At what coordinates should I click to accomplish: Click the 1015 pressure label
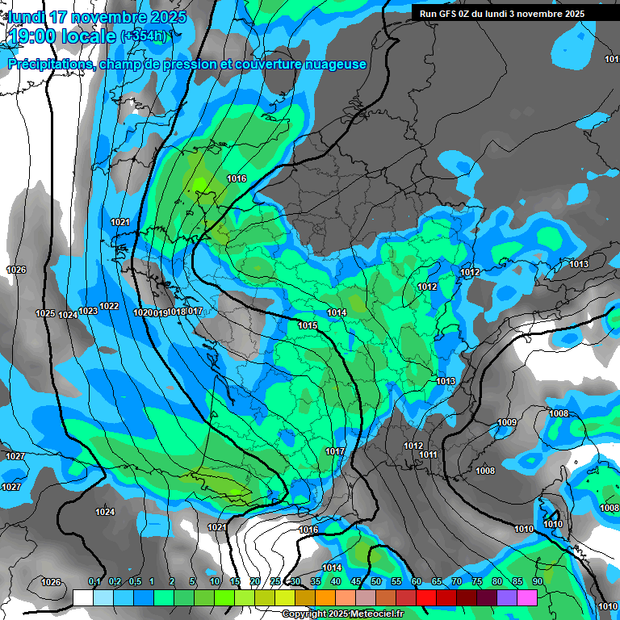coord(307,325)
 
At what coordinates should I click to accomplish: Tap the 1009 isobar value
coord(507,423)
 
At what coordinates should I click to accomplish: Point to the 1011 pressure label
coord(428,455)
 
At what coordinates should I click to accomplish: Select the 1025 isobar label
coord(45,313)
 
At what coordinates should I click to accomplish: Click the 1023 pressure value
coord(88,311)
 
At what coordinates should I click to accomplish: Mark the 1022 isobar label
coord(109,306)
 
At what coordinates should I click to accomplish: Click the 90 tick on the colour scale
coord(537,581)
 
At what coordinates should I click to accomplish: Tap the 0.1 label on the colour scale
coord(94,581)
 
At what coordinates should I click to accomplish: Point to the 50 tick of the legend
coord(376,581)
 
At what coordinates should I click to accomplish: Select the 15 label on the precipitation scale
coord(235,581)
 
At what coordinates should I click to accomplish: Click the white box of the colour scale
coord(82,597)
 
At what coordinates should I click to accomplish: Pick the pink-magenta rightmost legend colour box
coord(527,597)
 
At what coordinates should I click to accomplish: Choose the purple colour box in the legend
coord(507,597)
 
